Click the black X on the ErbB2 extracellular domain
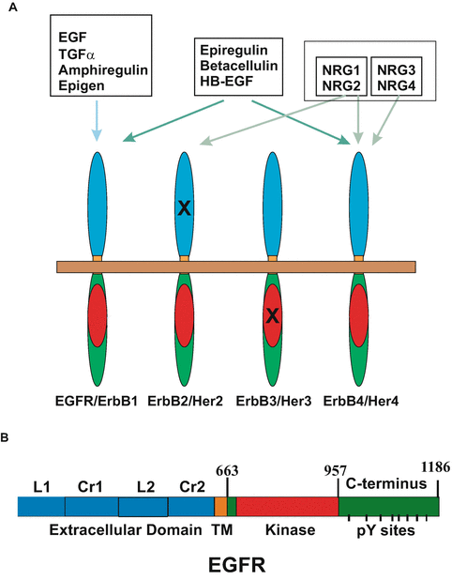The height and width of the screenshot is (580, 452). [185, 211]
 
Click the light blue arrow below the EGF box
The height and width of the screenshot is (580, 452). [98, 127]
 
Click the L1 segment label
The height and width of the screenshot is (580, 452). [40, 489]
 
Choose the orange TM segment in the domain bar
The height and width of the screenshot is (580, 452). [220, 507]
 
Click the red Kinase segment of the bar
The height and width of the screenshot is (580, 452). [287, 507]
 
